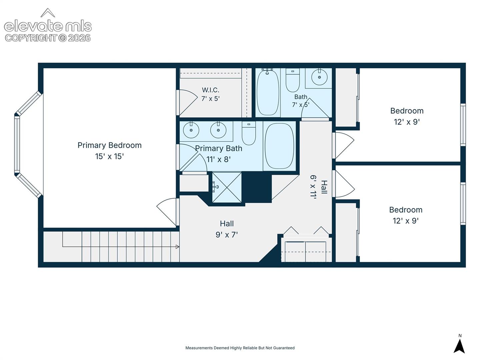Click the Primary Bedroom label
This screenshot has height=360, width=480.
point(110,145)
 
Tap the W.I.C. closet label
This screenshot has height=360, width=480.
point(210,90)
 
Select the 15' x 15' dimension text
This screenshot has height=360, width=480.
point(109,157)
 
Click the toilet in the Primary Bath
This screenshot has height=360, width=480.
point(249,133)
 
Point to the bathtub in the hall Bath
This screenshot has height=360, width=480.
point(268,92)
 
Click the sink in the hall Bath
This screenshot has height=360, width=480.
point(319,77)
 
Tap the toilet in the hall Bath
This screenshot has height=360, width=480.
point(293,80)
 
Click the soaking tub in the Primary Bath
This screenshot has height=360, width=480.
point(279,146)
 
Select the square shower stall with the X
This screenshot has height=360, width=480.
point(227,187)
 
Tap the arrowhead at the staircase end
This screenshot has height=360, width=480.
point(177,247)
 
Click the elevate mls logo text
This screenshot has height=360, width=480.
point(48,26)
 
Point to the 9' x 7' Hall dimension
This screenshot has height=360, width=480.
point(227,235)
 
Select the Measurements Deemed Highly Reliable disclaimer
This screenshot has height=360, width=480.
point(240,348)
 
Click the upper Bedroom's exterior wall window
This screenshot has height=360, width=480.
point(463,125)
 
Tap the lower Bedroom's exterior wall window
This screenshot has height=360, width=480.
point(463,204)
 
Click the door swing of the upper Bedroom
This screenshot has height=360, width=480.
point(343,145)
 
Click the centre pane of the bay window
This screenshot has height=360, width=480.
point(17,144)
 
